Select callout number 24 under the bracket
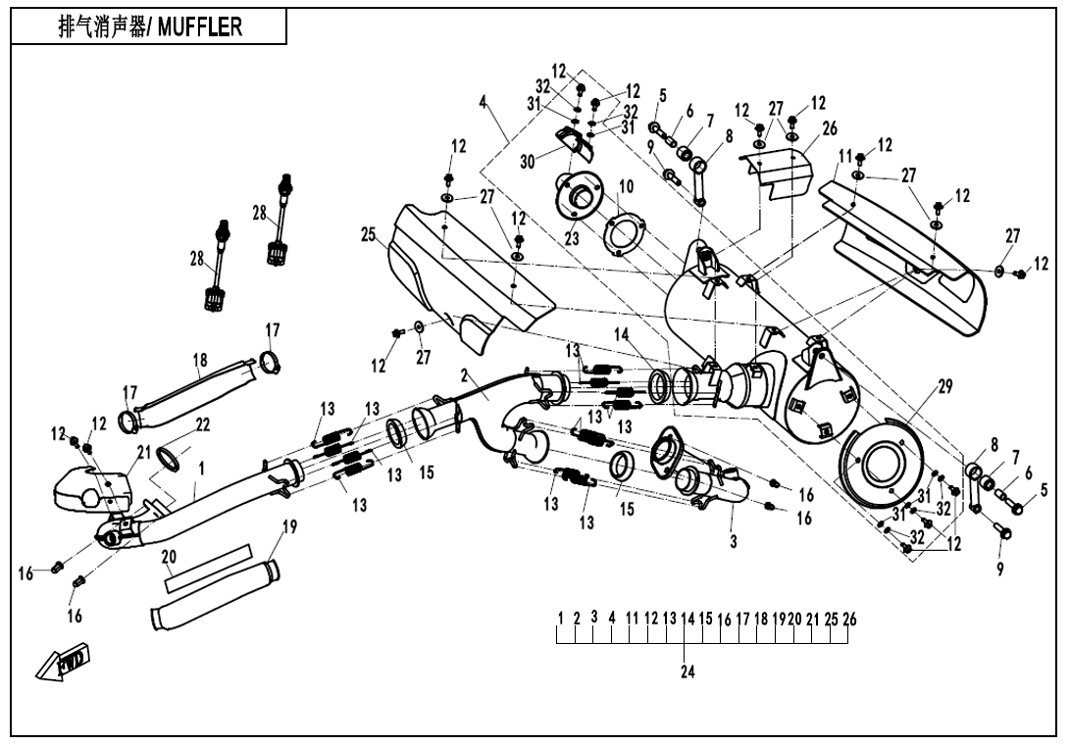pos(687,672)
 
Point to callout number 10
pos(626,186)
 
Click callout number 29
pos(944,387)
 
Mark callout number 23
pos(572,238)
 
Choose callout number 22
pos(202,424)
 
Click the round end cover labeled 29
pos(883,466)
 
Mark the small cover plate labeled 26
pos(781,167)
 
